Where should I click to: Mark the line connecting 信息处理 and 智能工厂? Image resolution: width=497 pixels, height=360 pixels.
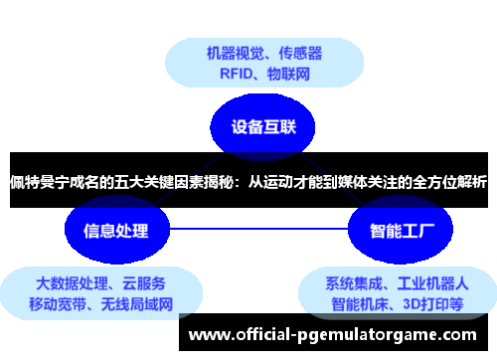coord(258,232)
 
